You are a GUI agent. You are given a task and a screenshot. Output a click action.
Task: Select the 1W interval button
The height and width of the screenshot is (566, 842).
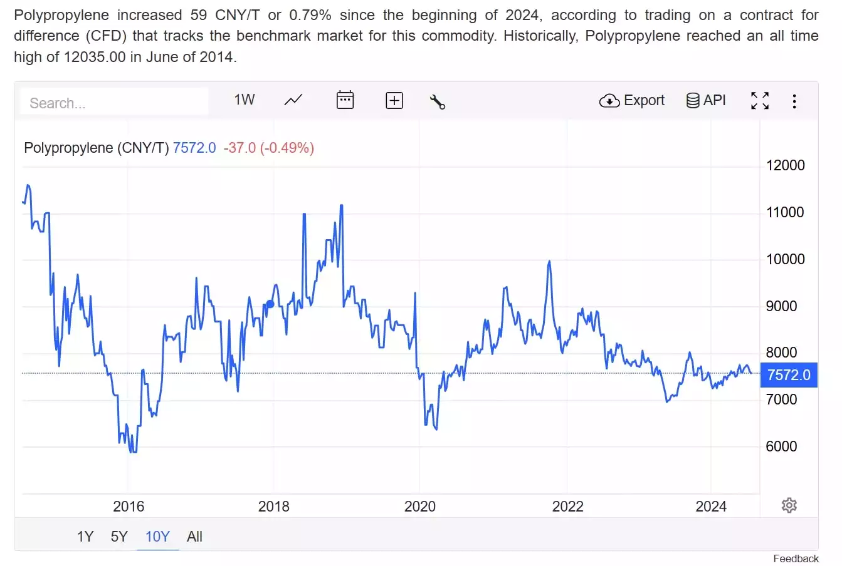pyautogui.click(x=245, y=100)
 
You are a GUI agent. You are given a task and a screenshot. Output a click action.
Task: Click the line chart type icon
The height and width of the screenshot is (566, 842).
pyautogui.click(x=293, y=100)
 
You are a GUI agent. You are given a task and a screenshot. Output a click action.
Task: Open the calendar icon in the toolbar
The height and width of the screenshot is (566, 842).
pyautogui.click(x=345, y=100)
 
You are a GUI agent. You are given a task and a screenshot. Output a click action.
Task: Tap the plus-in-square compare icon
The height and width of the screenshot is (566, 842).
pyautogui.click(x=394, y=100)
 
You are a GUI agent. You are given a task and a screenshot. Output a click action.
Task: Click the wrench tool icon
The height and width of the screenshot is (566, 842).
pyautogui.click(x=438, y=101)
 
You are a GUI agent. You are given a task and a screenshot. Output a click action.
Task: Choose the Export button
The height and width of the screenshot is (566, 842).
pyautogui.click(x=632, y=100)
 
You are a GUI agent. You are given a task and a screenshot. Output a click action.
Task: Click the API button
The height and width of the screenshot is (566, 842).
pyautogui.click(x=706, y=100)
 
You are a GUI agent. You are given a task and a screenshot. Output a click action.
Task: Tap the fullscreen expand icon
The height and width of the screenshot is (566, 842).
pyautogui.click(x=760, y=100)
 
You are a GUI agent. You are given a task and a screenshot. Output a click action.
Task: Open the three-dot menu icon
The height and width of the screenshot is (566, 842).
pyautogui.click(x=794, y=101)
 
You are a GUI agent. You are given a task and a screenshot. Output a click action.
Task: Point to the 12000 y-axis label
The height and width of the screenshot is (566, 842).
pyautogui.click(x=785, y=165)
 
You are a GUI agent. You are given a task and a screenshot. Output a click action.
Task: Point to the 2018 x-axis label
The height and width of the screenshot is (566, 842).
pyautogui.click(x=274, y=507)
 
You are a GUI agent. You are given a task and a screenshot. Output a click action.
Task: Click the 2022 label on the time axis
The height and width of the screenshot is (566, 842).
pyautogui.click(x=567, y=507)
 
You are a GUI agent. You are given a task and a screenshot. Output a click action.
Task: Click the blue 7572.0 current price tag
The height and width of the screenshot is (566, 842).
pyautogui.click(x=789, y=375)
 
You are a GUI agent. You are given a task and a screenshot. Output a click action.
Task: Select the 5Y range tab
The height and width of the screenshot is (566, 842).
pyautogui.click(x=119, y=537)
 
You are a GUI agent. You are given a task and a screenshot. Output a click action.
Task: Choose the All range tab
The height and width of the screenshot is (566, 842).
pyautogui.click(x=194, y=537)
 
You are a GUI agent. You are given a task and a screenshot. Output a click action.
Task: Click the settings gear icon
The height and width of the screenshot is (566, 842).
pyautogui.click(x=789, y=505)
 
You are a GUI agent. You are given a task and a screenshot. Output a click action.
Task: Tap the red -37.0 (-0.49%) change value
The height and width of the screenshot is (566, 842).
pyautogui.click(x=269, y=148)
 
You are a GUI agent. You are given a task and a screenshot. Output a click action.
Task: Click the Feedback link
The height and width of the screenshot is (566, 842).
pyautogui.click(x=796, y=558)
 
